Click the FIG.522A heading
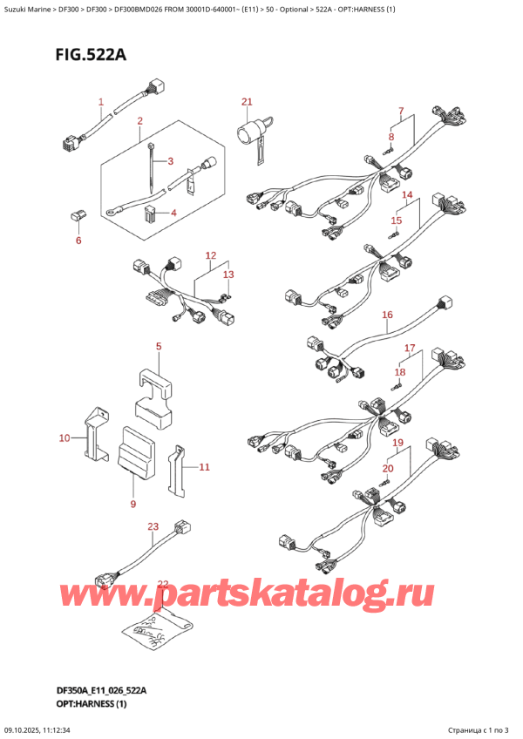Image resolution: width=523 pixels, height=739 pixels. click(x=91, y=55)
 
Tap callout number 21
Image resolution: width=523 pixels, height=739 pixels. click(x=247, y=101)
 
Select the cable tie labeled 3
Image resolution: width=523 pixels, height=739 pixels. click(x=151, y=167)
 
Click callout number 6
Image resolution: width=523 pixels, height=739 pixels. click(x=78, y=241)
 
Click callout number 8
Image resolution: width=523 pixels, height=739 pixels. click(x=391, y=137)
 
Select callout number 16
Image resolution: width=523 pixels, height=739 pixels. click(x=387, y=315)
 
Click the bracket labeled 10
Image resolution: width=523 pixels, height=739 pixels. click(x=95, y=434)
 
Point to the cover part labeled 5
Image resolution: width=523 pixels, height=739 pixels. click(x=154, y=400)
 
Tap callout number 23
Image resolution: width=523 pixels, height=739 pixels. click(x=153, y=526)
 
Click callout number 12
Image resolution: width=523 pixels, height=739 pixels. click(x=211, y=255)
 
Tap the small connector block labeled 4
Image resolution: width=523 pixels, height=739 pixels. click(x=150, y=214)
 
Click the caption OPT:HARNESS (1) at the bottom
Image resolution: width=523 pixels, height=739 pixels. click(x=91, y=703)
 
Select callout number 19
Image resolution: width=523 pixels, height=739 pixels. click(x=398, y=443)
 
